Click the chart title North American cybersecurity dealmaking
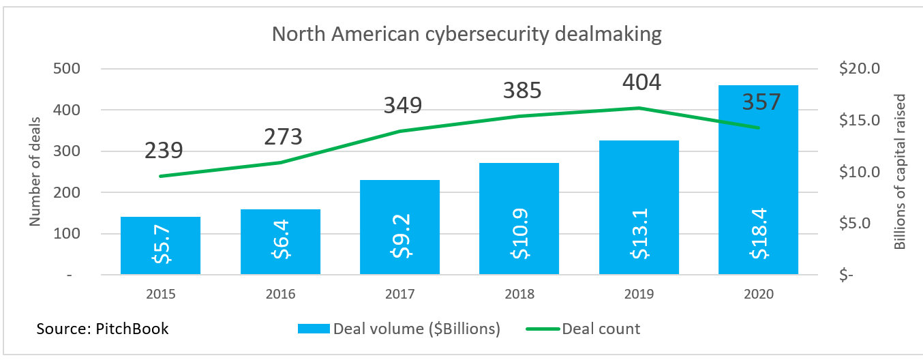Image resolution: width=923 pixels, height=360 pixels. pyautogui.click(x=466, y=34)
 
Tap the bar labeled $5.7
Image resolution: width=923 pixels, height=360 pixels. pyautogui.click(x=160, y=245)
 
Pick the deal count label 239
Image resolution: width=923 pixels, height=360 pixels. pyautogui.click(x=164, y=151)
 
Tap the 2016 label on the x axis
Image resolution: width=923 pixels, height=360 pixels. pyautogui.click(x=280, y=295)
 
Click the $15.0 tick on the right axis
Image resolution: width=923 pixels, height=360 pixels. pyautogui.click(x=860, y=121)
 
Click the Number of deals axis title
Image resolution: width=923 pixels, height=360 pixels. pyautogui.click(x=35, y=172)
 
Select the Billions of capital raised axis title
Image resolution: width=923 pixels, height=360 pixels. pyautogui.click(x=899, y=172)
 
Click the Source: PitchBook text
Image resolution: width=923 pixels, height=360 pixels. pyautogui.click(x=102, y=329)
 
